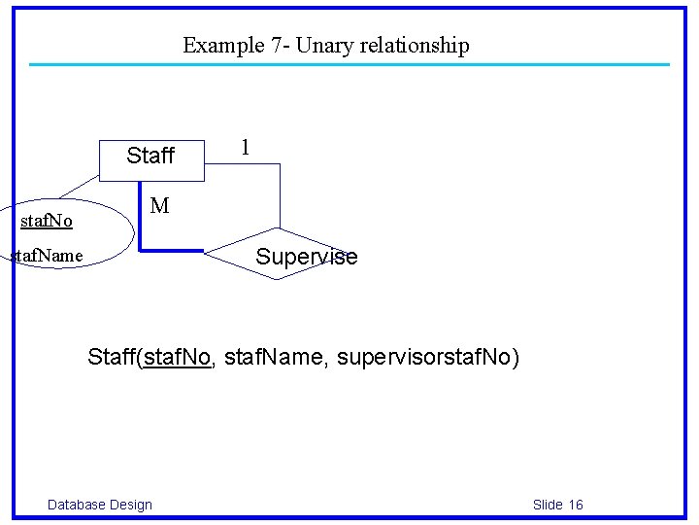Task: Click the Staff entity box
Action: point(151,160)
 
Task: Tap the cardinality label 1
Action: point(245,148)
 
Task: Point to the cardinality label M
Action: point(159,206)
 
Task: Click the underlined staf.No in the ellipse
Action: point(47,222)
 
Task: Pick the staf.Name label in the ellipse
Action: point(49,257)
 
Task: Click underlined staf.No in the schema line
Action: point(177,358)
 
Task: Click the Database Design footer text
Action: point(100,504)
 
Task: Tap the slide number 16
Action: point(576,504)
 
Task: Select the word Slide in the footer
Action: point(548,504)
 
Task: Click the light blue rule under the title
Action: point(349,65)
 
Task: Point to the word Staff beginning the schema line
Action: point(112,358)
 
